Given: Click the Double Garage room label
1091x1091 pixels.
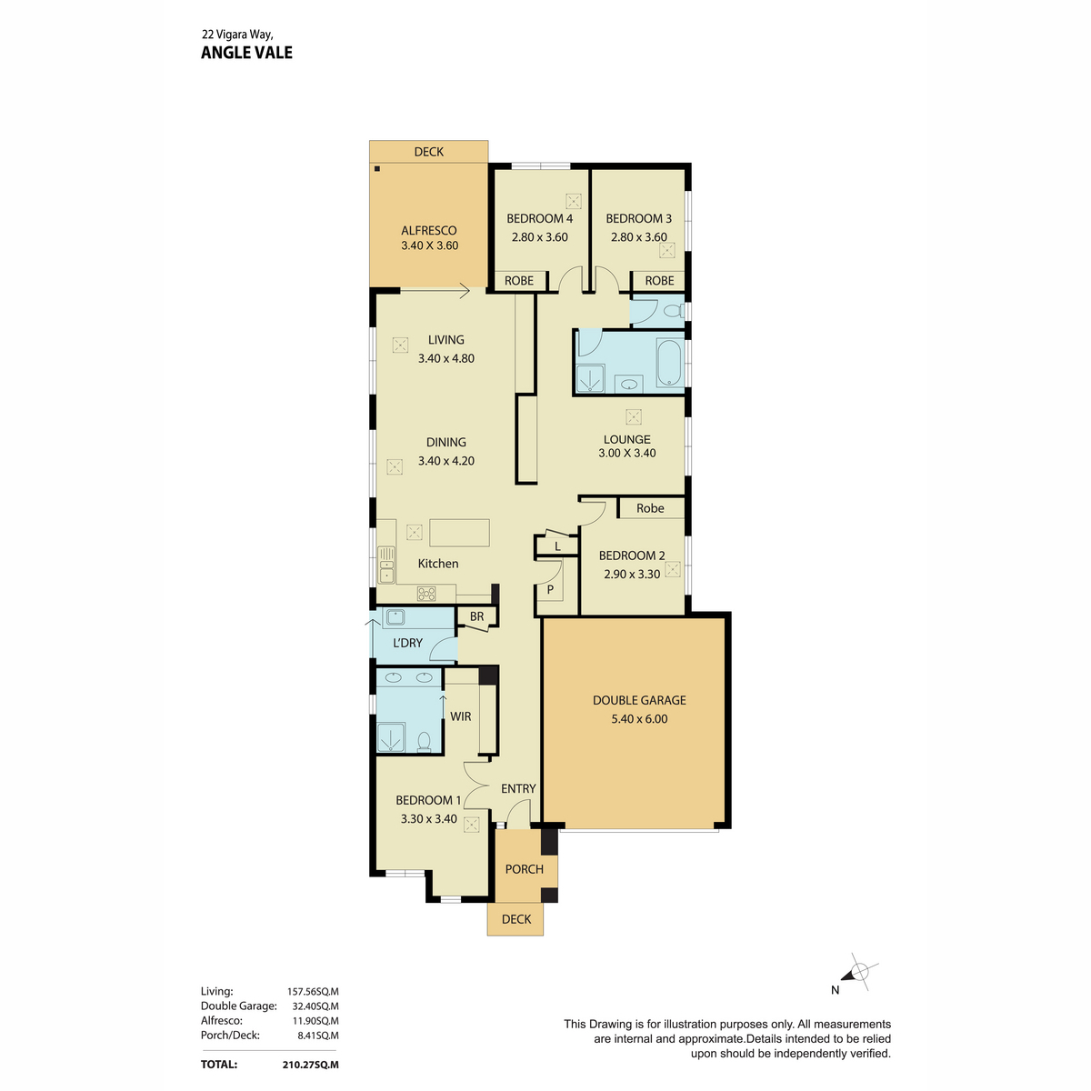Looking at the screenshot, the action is pyautogui.click(x=638, y=700).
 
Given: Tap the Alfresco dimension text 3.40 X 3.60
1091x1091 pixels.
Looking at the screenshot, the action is pyautogui.click(x=429, y=245).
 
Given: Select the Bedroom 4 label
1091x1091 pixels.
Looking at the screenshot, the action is pyautogui.click(x=539, y=218).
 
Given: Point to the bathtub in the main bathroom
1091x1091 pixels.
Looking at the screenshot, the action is pyautogui.click(x=670, y=363).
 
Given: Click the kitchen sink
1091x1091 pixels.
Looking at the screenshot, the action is pyautogui.click(x=386, y=565).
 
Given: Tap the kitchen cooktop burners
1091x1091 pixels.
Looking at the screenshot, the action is pyautogui.click(x=426, y=594).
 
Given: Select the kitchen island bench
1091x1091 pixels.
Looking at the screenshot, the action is pyautogui.click(x=459, y=533).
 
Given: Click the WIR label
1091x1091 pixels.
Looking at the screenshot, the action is pyautogui.click(x=460, y=716).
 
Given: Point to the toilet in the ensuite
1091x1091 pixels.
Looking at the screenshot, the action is pyautogui.click(x=424, y=741).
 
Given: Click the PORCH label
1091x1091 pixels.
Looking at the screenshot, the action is pyautogui.click(x=525, y=869).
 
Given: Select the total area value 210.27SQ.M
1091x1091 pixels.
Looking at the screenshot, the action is pyautogui.click(x=310, y=1065).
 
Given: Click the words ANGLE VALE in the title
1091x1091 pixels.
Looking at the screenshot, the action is pyautogui.click(x=247, y=53).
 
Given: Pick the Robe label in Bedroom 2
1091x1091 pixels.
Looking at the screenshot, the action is pyautogui.click(x=650, y=508).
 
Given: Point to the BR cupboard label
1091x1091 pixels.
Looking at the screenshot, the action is pyautogui.click(x=476, y=616).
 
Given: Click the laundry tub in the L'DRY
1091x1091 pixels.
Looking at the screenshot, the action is pyautogui.click(x=394, y=616).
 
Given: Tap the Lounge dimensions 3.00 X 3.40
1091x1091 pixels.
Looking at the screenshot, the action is pyautogui.click(x=626, y=453).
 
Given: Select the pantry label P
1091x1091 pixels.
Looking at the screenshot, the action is pyautogui.click(x=550, y=590).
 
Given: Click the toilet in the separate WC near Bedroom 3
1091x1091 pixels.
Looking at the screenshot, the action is pyautogui.click(x=674, y=310).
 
